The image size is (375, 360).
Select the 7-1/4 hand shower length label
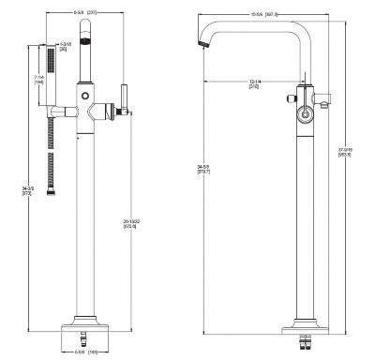37,81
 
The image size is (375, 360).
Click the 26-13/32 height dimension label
130,224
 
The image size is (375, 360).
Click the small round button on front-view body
84,97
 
